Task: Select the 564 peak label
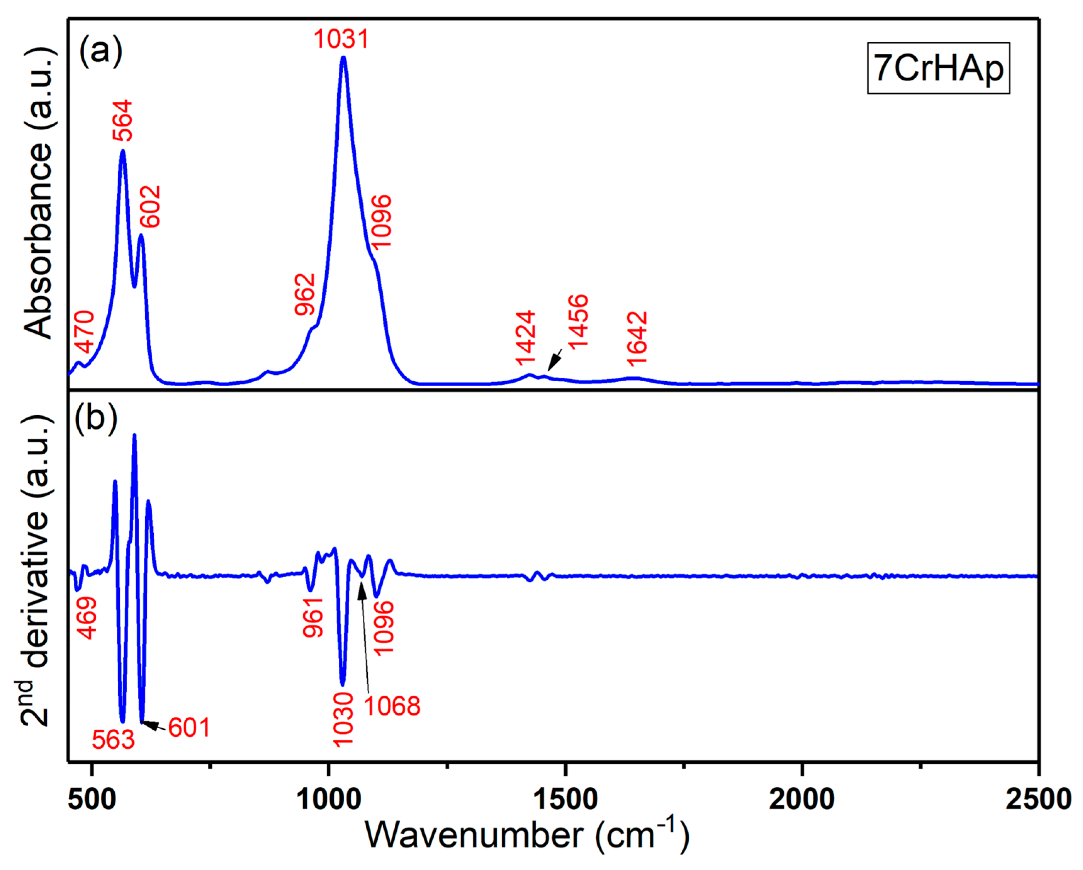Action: coord(122,120)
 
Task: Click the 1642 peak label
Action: coord(637,339)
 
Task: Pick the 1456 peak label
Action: coord(578,322)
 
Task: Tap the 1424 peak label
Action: coord(525,338)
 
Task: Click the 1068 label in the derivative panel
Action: coord(392,706)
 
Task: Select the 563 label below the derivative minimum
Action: coord(113,739)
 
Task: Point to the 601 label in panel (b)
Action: coord(189,727)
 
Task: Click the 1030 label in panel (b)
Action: coord(344,720)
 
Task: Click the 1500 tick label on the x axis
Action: coord(565,799)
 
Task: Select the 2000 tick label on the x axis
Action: coord(801,799)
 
